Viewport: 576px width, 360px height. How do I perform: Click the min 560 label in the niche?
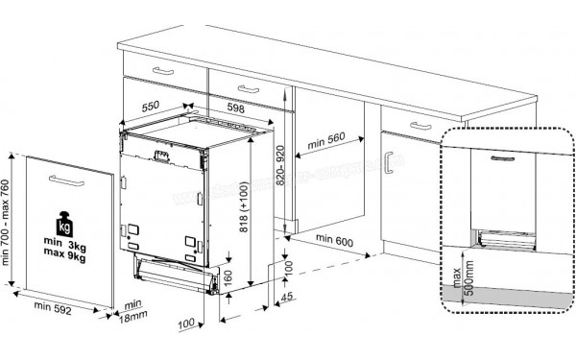(325, 141)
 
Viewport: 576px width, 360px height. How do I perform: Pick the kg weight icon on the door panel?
(65, 228)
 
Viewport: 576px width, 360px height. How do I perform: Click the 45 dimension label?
(288, 302)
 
